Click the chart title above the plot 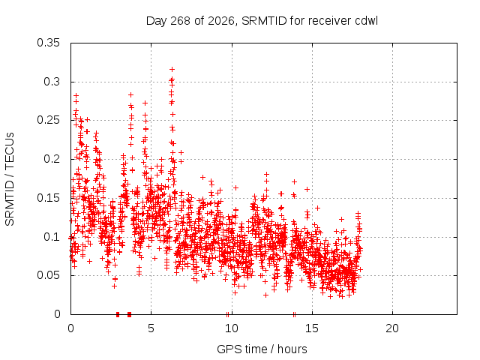[x=262, y=21]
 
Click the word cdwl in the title [x=367, y=21]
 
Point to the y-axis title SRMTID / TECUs [x=10, y=179]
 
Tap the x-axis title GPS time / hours [x=262, y=349]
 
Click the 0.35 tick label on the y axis [x=48, y=43]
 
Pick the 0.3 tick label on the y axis [x=52, y=82]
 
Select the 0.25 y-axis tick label [x=48, y=120]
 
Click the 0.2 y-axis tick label [x=52, y=159]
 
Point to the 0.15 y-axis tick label [x=48, y=198]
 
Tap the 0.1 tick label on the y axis [x=52, y=237]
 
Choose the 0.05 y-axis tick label [x=48, y=275]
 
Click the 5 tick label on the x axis [x=151, y=328]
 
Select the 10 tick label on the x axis [x=232, y=328]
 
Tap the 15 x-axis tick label [x=312, y=328]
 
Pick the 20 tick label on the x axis [x=392, y=328]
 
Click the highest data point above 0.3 [x=172, y=69]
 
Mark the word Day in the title [x=157, y=21]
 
